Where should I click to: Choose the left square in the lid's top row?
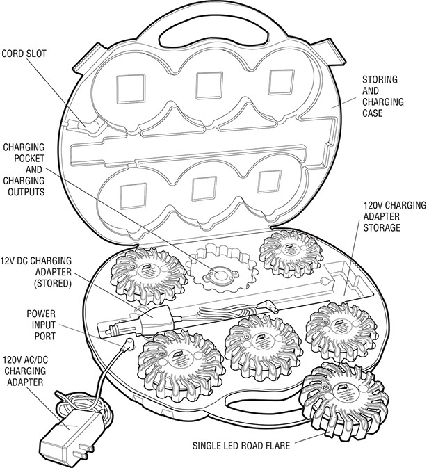[x=130, y=88]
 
